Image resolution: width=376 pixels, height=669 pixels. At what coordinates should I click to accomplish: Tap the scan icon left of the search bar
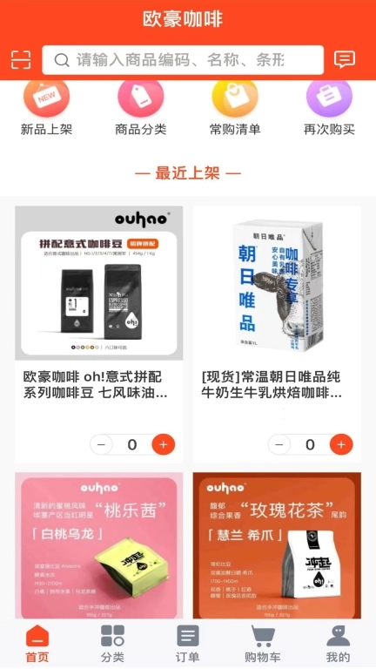(21, 59)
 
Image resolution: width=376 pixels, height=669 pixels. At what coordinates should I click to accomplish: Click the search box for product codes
(183, 59)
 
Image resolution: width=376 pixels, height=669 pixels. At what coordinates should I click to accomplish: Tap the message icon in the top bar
(345, 59)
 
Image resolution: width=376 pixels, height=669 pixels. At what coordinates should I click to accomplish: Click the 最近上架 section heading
(188, 172)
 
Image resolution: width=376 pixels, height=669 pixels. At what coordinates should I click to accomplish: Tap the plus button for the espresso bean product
(163, 444)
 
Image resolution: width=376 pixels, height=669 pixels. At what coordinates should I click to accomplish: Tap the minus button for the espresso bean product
(102, 444)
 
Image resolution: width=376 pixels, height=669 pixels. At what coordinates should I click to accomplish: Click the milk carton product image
(276, 283)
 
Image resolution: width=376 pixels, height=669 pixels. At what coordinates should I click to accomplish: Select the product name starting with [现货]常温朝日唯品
(276, 384)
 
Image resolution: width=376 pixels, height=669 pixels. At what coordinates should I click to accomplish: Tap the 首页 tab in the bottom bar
(37, 645)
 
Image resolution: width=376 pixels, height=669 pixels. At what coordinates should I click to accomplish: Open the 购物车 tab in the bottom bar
(263, 645)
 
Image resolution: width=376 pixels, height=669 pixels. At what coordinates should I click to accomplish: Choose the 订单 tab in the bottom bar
(188, 645)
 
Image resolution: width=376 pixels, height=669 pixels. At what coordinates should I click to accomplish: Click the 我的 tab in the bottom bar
(338, 645)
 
